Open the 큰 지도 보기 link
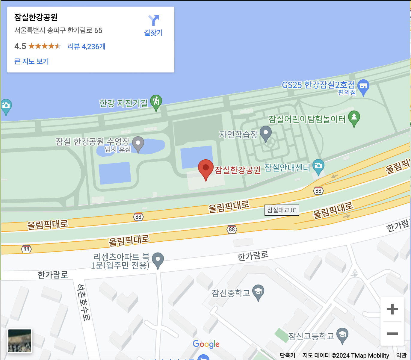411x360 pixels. click(31, 61)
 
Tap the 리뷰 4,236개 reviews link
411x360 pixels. click(86, 46)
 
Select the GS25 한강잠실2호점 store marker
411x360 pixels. click(363, 86)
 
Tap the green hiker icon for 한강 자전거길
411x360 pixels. click(156, 102)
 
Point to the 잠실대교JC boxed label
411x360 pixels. click(282, 210)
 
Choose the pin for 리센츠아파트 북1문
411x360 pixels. click(158, 260)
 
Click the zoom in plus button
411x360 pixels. click(392, 309)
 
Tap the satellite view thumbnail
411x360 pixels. click(20, 341)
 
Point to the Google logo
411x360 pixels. click(206, 344)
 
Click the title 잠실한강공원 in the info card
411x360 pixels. click(36, 17)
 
